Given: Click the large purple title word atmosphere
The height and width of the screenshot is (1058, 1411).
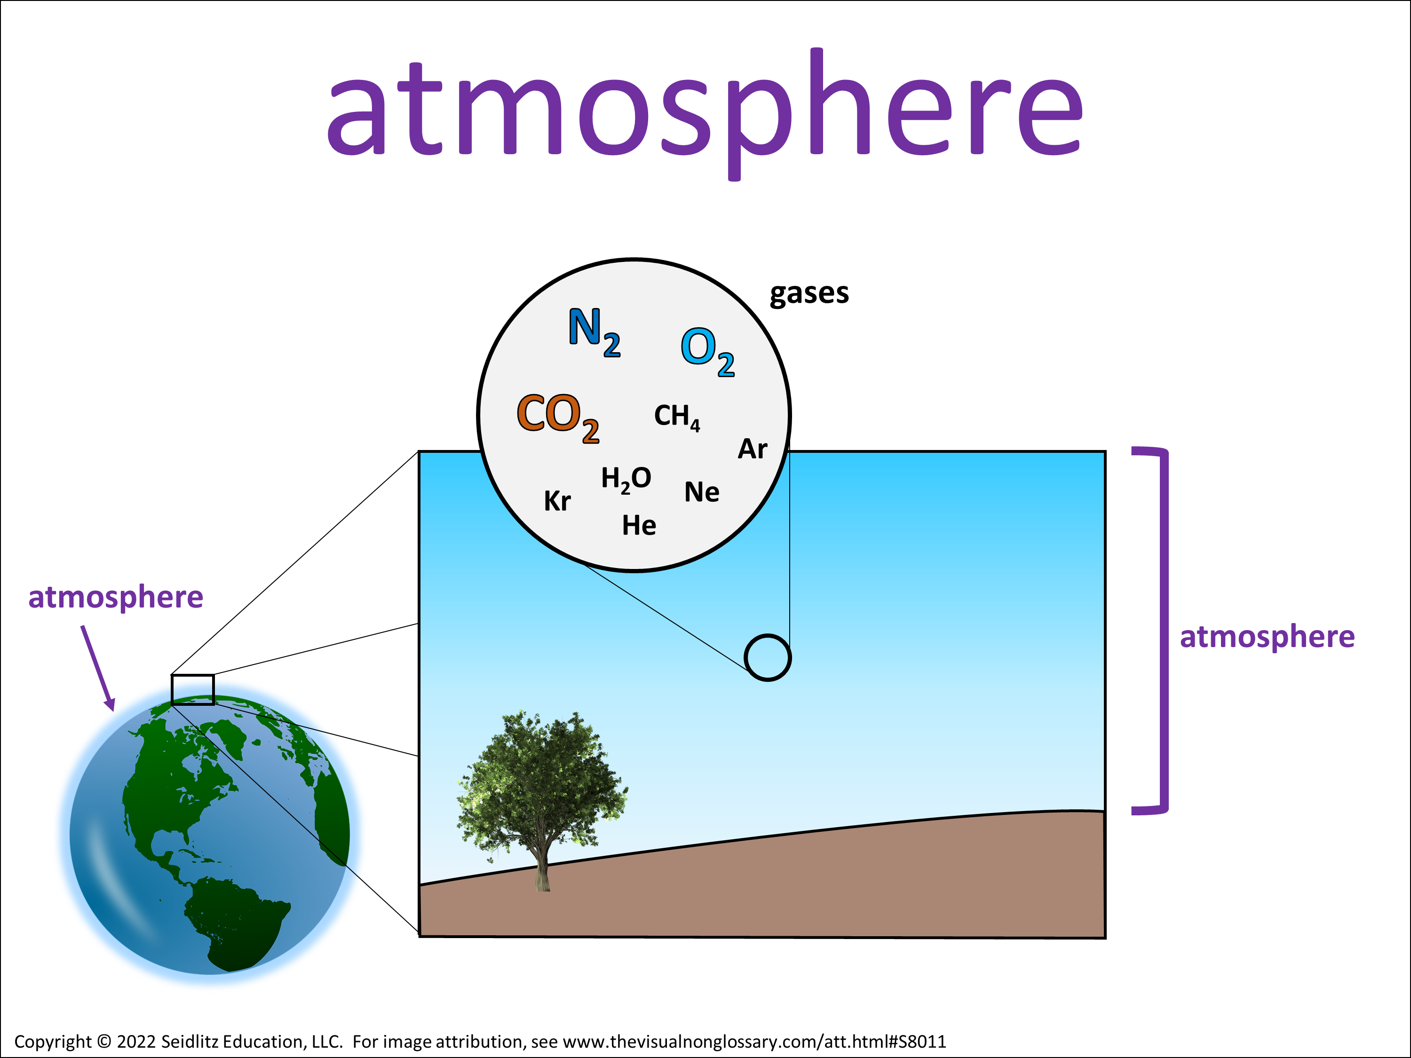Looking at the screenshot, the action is click(705, 113).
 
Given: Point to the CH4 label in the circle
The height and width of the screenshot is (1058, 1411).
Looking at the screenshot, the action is click(677, 418).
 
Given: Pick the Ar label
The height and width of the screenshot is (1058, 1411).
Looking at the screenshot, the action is click(753, 449).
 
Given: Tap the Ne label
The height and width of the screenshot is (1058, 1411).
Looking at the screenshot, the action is click(702, 492).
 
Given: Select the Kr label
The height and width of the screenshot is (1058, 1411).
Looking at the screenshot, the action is click(557, 501).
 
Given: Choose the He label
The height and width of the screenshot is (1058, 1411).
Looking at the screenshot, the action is click(639, 526).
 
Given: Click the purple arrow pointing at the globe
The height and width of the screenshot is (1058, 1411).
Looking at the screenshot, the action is click(98, 668).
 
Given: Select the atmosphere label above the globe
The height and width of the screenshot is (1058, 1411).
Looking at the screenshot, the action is click(115, 598).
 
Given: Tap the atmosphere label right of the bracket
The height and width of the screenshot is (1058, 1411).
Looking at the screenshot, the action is click(1267, 638).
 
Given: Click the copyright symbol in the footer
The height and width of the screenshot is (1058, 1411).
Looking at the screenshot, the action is click(104, 1042).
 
